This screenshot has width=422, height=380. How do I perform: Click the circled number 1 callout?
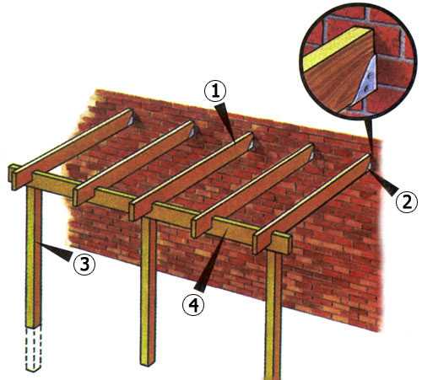coord(215,92)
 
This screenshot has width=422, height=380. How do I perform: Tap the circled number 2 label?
coord(407,202)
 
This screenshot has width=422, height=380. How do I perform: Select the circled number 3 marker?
coord(84,265)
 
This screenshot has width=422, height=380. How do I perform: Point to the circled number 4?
coord(192,306)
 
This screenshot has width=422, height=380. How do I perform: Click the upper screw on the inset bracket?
coord(369,75)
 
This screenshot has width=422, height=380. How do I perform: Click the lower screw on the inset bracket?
coord(365,89)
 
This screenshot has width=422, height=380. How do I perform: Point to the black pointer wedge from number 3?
coord(57,252)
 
